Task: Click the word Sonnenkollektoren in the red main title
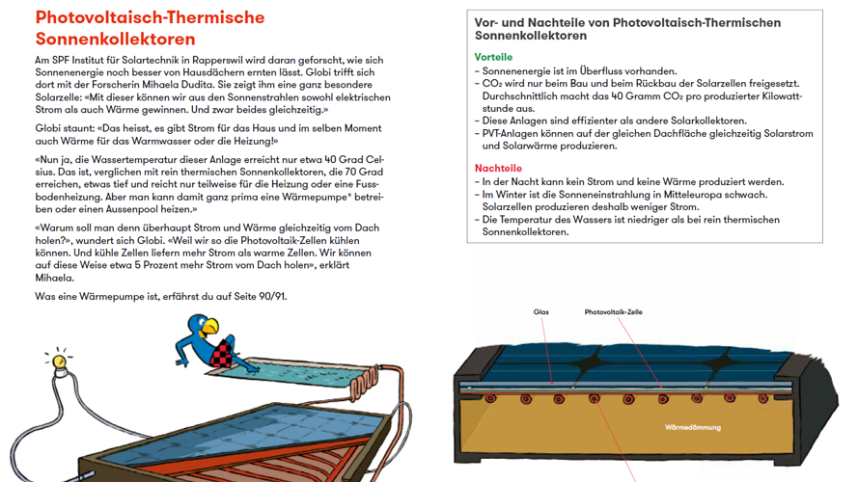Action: tap(115, 40)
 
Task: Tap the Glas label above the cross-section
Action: tap(540, 312)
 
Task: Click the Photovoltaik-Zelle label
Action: tap(613, 312)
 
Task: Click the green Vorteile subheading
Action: tap(493, 58)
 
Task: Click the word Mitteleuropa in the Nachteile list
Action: tap(681, 194)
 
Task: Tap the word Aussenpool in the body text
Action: tap(141, 209)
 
